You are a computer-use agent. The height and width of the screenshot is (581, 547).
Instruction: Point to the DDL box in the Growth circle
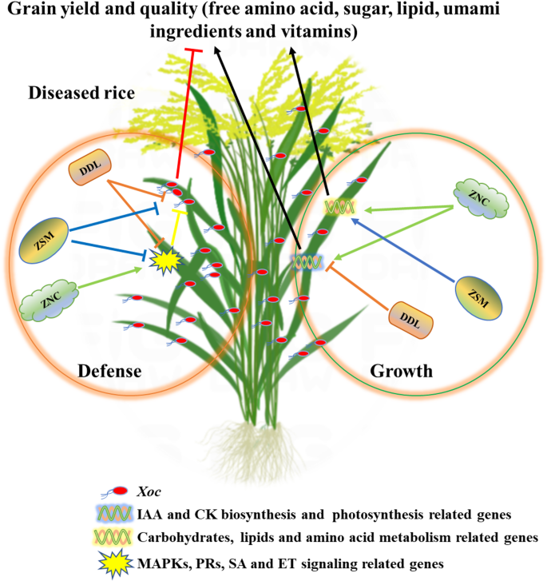(x=414, y=319)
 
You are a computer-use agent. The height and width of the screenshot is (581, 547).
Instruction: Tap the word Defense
(x=111, y=371)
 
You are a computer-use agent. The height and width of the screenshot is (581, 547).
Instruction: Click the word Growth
(x=402, y=371)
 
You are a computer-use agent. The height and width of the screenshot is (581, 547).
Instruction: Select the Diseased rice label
(x=81, y=93)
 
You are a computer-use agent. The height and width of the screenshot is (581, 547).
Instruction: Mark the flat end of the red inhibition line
(x=194, y=51)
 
